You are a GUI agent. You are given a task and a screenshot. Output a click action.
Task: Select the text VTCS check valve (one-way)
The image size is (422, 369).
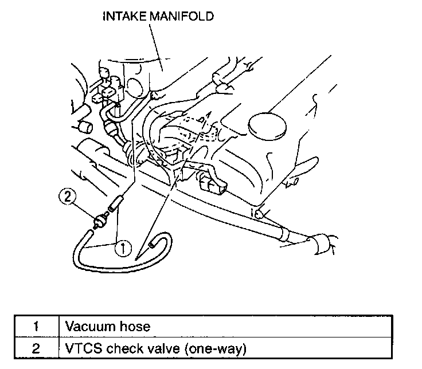click(x=155, y=347)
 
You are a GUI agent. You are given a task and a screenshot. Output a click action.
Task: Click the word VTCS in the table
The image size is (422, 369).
click(x=80, y=347)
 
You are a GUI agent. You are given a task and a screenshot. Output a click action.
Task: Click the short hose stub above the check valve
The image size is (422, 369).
click(x=115, y=202)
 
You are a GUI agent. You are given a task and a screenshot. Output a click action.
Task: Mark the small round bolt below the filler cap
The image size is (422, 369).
click(x=260, y=214)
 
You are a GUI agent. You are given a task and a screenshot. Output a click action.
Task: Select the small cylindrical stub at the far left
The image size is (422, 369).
click(x=85, y=125)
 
